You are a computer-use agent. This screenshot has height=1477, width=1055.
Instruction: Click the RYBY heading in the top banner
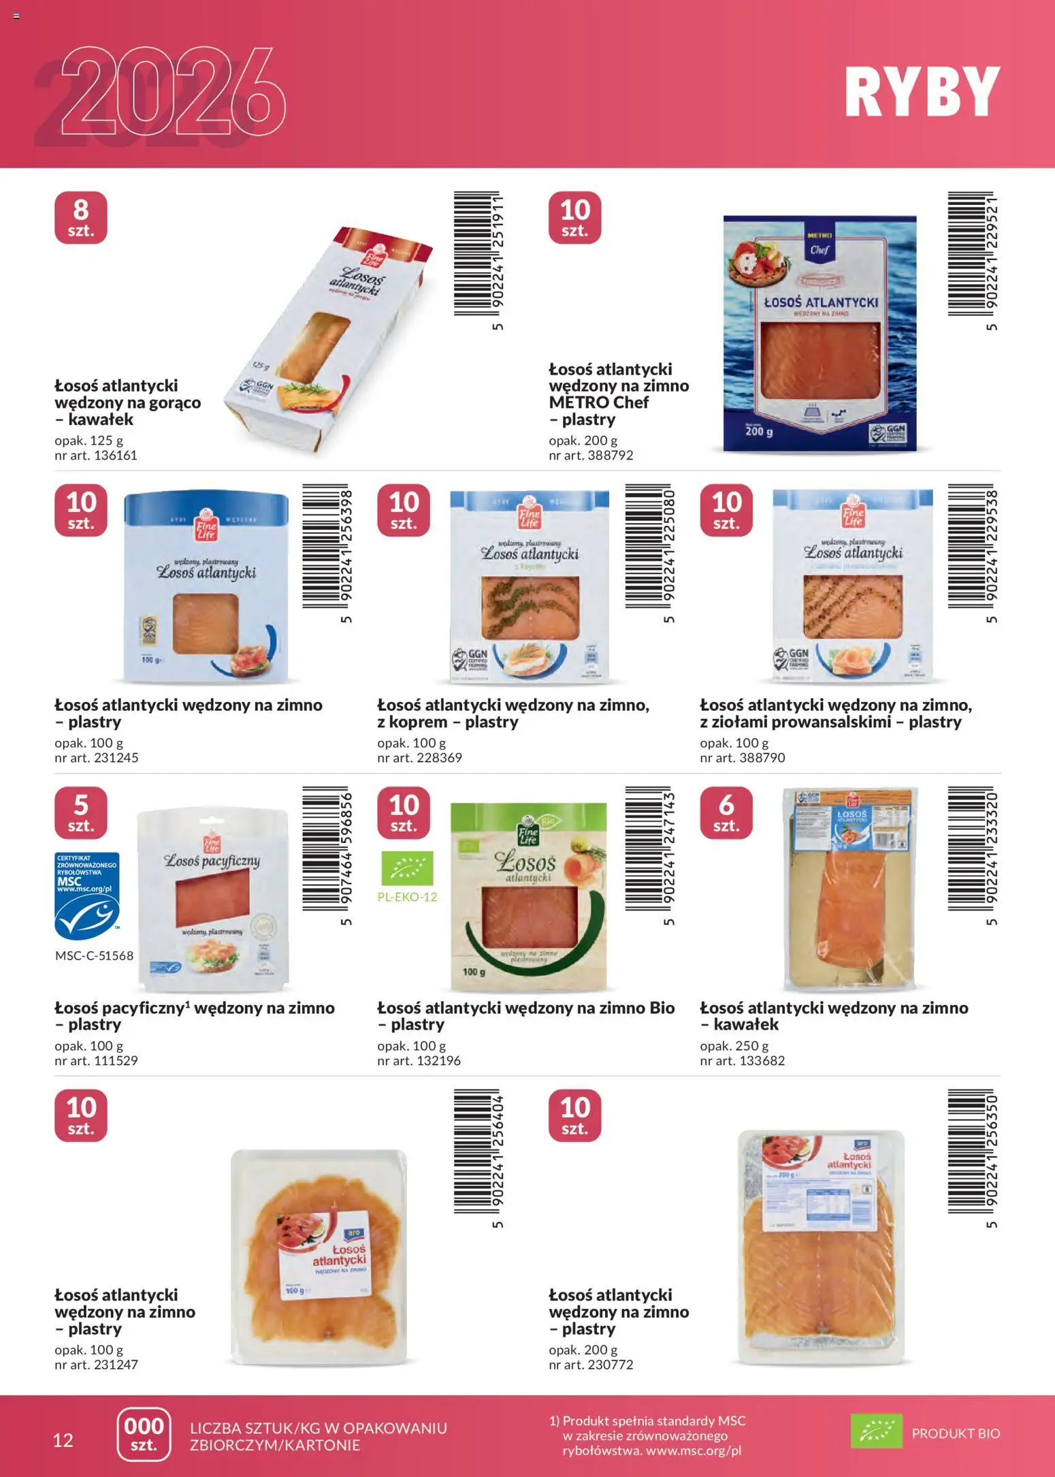click(x=922, y=93)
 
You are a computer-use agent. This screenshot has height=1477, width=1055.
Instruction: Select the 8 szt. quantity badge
click(x=81, y=217)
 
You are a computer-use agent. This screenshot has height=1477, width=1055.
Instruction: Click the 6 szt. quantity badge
click(x=726, y=812)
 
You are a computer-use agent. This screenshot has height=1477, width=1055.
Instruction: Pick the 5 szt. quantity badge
click(x=81, y=812)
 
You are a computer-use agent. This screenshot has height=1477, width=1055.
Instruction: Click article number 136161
click(x=96, y=455)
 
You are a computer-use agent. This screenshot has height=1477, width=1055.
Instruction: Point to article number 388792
click(x=591, y=455)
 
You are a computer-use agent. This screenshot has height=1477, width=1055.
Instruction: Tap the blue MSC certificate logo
click(x=87, y=895)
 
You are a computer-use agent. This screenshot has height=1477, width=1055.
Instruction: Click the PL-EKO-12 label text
click(x=407, y=897)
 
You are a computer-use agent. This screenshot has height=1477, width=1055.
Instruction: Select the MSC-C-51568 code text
click(x=94, y=955)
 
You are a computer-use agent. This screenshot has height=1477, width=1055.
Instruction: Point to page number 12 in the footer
click(x=63, y=1440)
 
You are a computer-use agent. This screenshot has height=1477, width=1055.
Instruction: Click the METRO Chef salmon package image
click(x=819, y=334)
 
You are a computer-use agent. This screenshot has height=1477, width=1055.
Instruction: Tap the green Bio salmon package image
click(x=528, y=895)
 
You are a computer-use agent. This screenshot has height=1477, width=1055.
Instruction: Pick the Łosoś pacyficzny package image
click(x=213, y=899)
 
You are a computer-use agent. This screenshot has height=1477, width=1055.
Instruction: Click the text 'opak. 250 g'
click(x=734, y=1045)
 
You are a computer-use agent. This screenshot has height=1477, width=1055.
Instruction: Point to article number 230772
click(x=591, y=1365)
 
